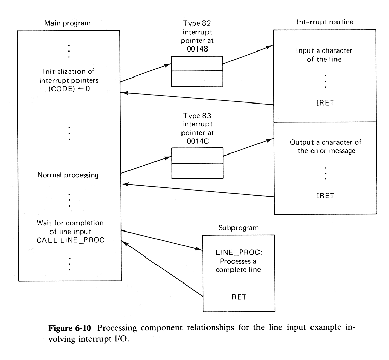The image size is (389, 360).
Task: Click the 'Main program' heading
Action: [x=67, y=23]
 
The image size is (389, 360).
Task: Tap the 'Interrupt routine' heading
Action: [x=324, y=22]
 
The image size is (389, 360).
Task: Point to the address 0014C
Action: [x=197, y=139]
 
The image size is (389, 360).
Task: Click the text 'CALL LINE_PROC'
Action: [x=70, y=240]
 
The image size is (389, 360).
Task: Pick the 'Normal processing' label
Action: [x=68, y=175]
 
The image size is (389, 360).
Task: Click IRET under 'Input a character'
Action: [x=325, y=102]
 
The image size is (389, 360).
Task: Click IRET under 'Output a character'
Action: [x=325, y=195]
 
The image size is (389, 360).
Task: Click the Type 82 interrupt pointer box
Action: [x=197, y=71]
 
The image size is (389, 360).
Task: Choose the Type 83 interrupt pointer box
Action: [x=197, y=163]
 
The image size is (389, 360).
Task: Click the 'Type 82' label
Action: [x=197, y=24]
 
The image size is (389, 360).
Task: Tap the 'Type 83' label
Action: [x=197, y=116]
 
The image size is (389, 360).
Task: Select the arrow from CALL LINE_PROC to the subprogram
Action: [x=160, y=240]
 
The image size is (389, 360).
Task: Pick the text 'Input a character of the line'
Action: [x=325, y=55]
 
